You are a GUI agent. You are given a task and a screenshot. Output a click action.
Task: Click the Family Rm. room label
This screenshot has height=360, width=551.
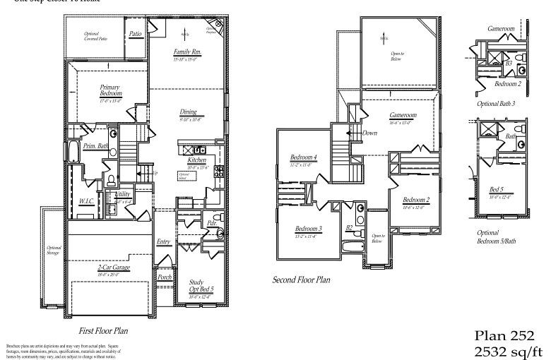[x=187, y=53]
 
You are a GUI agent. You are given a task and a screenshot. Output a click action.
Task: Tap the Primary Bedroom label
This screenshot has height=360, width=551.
[x=111, y=91]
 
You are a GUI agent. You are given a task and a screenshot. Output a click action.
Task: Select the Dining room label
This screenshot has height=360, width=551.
[x=188, y=112]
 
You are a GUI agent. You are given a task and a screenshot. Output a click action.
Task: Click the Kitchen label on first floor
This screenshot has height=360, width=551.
[x=196, y=160]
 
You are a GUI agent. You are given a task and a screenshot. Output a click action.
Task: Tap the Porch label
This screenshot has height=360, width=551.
[x=165, y=277]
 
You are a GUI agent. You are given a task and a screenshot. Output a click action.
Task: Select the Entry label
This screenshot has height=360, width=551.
[x=163, y=242]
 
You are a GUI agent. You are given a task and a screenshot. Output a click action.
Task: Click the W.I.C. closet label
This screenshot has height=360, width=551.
[x=87, y=201]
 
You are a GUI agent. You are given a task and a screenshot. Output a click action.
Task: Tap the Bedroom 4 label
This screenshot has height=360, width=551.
[x=304, y=157]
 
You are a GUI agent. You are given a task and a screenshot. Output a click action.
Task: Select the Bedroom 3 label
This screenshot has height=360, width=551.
[x=309, y=229]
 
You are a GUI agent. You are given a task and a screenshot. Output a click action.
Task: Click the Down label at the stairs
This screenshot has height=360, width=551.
[x=369, y=133]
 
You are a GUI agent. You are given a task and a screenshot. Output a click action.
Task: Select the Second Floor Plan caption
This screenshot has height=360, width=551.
[x=302, y=280]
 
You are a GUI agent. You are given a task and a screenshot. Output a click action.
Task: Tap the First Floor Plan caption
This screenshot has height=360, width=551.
[x=102, y=330]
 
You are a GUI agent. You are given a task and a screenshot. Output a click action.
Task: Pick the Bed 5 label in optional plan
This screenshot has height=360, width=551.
[x=497, y=189]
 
